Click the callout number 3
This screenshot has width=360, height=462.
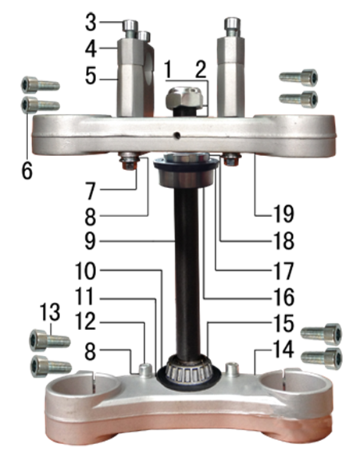(x=91, y=23)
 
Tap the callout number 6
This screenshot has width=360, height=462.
(x=27, y=171)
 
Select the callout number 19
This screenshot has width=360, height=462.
(x=283, y=214)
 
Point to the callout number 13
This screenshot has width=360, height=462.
(x=50, y=312)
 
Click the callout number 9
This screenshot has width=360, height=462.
(x=90, y=241)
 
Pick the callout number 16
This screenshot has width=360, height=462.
(x=283, y=297)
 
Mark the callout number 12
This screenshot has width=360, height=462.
(x=85, y=322)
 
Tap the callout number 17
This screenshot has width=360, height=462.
(x=283, y=271)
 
